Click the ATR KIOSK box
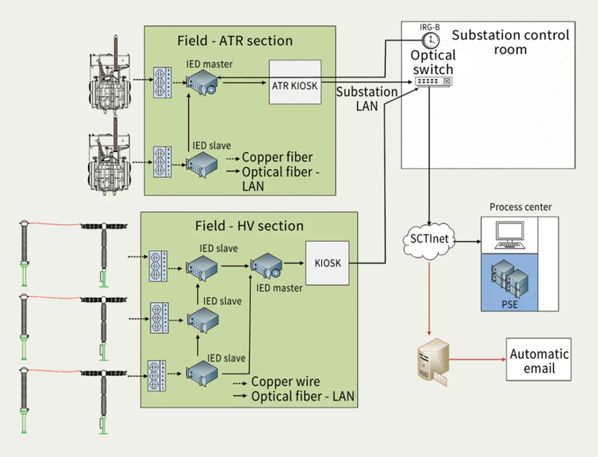tap(294, 85)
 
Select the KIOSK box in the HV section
tap(327, 263)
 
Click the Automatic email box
tap(538, 359)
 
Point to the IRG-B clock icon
tap(430, 40)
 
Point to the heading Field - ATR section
tap(235, 41)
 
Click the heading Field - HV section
tap(249, 226)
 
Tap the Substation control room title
tap(511, 42)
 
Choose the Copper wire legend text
tap(285, 382)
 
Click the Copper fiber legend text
tap(277, 158)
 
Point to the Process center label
tap(521, 207)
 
